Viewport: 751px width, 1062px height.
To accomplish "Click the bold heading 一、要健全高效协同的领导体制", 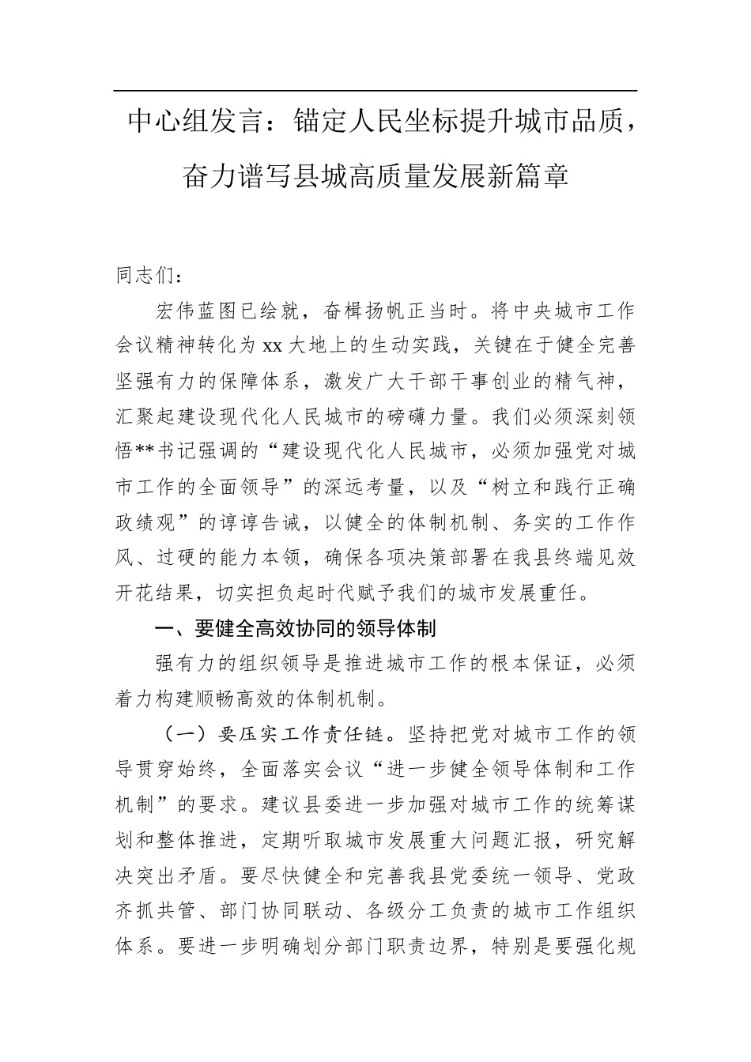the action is click(295, 629).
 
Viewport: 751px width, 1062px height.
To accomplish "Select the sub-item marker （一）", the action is click(186, 735).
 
